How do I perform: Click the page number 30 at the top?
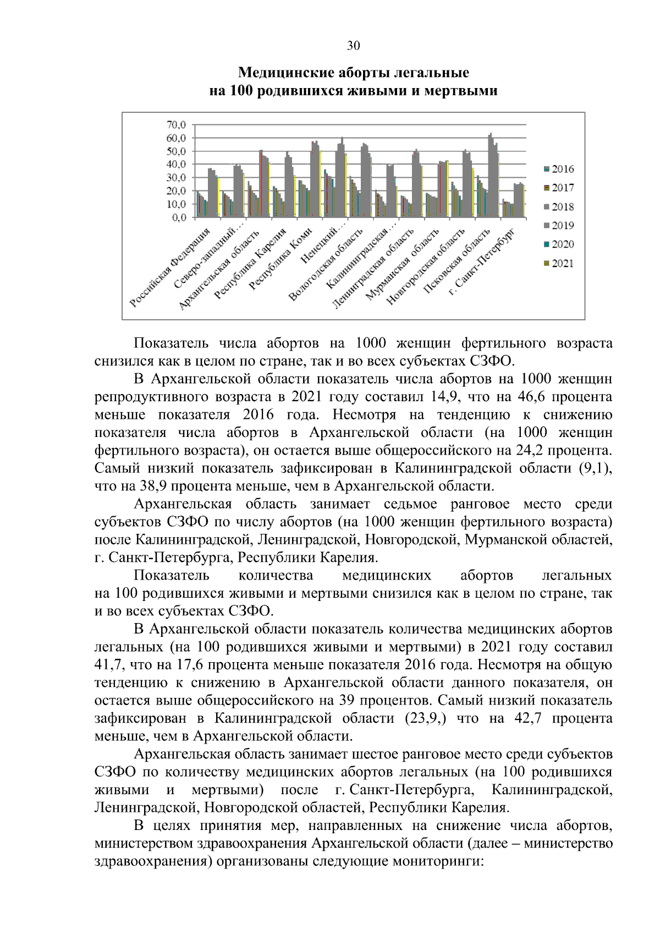[x=353, y=46]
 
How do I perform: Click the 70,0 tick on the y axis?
[x=177, y=124]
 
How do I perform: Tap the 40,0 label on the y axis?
[x=177, y=164]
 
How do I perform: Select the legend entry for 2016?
[x=558, y=169]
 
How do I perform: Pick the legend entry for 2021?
[x=558, y=263]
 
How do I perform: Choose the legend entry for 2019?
[x=558, y=225]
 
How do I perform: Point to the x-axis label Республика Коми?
[x=280, y=259]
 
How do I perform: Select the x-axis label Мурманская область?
[x=403, y=265]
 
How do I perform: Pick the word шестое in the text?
[x=373, y=754]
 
